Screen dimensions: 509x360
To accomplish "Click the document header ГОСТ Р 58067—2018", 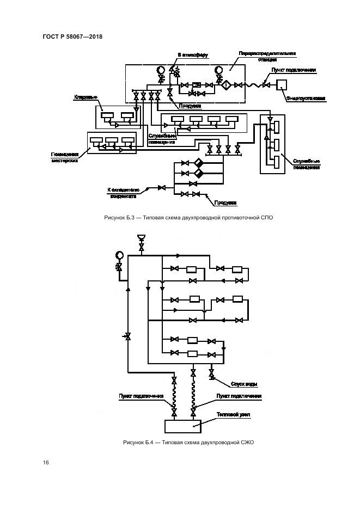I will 72,36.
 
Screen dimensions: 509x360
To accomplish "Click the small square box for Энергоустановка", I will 282,84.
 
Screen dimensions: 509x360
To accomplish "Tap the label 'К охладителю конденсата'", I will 124,192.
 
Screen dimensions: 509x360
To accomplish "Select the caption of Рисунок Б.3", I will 188,218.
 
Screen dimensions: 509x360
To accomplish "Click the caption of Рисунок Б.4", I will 188,442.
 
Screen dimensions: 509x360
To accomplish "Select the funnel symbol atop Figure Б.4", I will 142,237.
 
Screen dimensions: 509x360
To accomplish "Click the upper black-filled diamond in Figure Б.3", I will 198,163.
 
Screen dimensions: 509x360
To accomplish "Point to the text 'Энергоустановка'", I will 305,99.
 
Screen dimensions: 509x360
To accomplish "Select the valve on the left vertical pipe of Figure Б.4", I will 127,337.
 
